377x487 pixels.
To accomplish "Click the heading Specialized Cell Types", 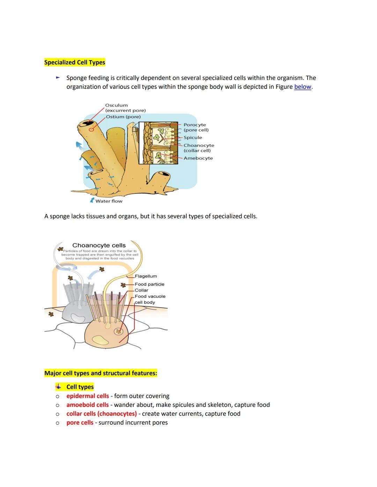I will [75, 63].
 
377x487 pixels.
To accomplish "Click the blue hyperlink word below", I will [302, 87].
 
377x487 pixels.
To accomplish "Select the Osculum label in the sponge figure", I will [116, 105].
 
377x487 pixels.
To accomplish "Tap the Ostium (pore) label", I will [123, 117].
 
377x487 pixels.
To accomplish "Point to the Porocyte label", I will [195, 125].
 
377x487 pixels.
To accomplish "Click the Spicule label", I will [193, 138].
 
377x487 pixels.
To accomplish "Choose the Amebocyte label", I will [198, 158].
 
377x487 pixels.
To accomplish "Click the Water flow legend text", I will [109, 201].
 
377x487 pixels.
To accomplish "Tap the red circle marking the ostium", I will [91, 129].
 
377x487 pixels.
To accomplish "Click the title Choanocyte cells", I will [99, 245].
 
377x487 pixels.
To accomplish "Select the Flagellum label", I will [146, 276].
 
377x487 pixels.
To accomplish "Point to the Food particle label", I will [149, 284].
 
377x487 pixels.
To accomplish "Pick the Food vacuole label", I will [150, 296].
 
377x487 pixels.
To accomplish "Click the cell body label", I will [145, 302].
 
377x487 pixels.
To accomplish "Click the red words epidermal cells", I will [88, 396].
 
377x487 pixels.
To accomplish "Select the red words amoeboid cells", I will [88, 405].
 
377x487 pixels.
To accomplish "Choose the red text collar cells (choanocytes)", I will [102, 414].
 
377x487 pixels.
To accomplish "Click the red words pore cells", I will [80, 423].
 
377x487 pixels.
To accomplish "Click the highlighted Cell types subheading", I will [80, 387].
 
